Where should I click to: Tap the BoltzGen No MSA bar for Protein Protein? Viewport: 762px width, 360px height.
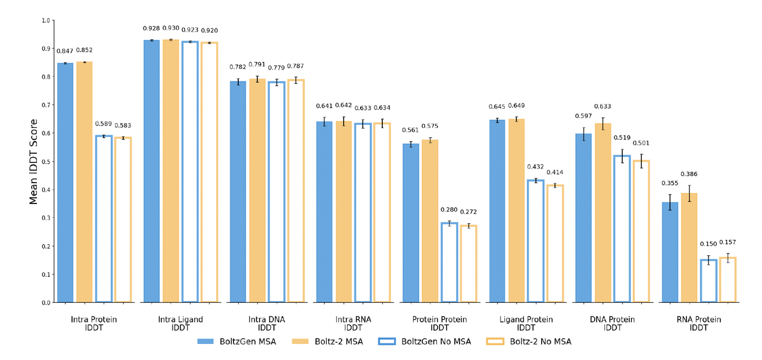tap(449, 262)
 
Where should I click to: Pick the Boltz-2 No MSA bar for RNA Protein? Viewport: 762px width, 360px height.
tap(727, 280)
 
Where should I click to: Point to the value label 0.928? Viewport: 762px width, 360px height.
tap(151, 29)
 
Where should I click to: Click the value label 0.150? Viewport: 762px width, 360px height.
tap(708, 244)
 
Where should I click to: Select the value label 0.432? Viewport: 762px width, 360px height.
tap(536, 168)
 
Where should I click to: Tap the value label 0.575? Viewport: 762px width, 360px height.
tap(430, 126)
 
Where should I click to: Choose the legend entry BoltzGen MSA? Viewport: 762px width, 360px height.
tap(237, 342)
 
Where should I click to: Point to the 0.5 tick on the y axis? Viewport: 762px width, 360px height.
tap(46, 161)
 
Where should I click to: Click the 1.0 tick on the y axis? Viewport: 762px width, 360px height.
tap(46, 20)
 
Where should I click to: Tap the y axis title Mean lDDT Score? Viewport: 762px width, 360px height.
tap(34, 161)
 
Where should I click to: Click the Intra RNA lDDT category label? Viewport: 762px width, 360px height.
tap(353, 323)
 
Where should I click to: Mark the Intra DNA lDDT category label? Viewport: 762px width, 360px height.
tap(267, 323)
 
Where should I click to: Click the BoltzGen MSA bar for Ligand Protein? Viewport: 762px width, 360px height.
tap(497, 211)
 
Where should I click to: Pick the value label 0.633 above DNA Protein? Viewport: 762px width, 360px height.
tap(602, 107)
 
